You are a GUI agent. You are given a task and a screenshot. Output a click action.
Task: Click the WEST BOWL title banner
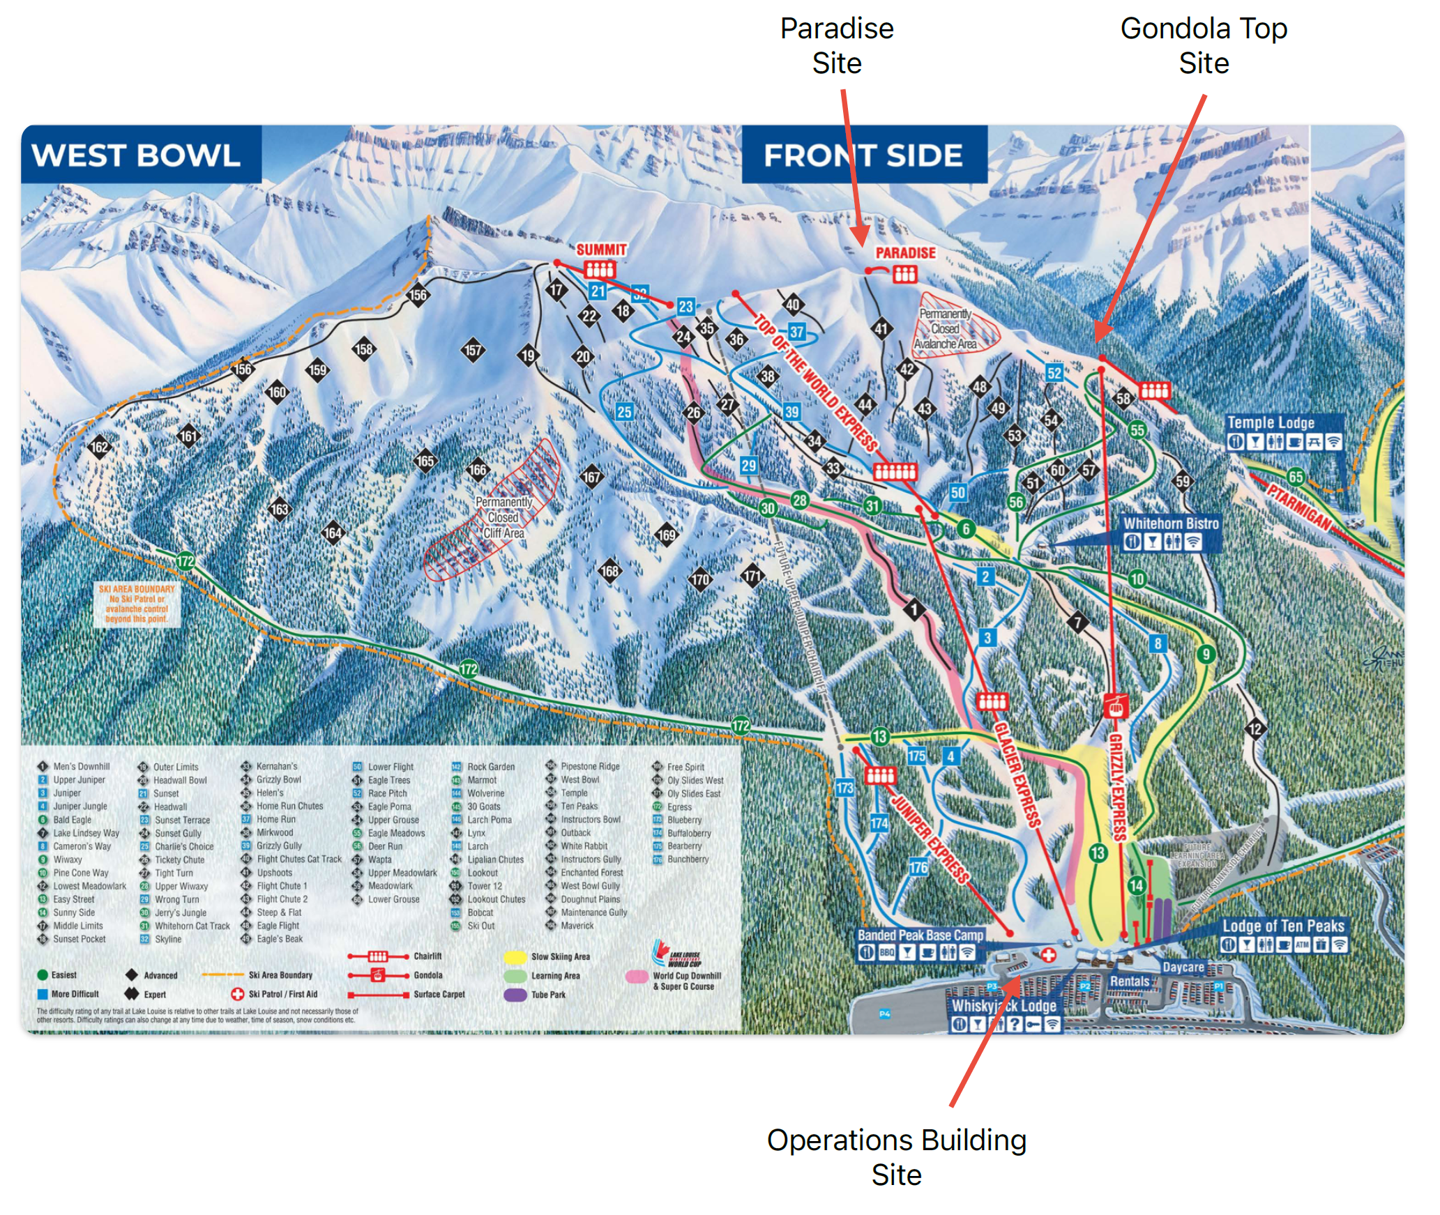click(x=137, y=155)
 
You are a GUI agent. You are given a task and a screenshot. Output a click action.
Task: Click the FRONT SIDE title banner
click(x=863, y=155)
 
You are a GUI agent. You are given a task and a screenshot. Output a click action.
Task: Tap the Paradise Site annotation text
click(x=836, y=46)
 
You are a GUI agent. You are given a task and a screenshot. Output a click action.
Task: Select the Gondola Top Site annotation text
click(x=1203, y=46)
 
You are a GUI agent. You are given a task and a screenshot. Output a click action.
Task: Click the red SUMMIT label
click(x=600, y=250)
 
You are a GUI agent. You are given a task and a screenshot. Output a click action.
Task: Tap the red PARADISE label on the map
click(x=905, y=253)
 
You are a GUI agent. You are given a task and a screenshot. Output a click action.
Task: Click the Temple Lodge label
click(x=1270, y=422)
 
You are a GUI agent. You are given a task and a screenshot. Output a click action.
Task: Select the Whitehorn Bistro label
click(x=1171, y=524)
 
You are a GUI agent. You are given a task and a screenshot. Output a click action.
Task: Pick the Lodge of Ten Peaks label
click(x=1282, y=926)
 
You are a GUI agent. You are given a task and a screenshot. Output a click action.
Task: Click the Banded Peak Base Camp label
click(x=920, y=935)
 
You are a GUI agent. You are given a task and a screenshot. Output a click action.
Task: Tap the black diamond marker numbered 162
click(x=100, y=447)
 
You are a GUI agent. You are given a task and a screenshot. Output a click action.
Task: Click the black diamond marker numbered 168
click(x=609, y=572)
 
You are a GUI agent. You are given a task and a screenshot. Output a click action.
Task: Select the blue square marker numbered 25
click(x=624, y=412)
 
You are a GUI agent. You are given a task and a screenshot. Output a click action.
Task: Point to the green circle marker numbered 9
click(x=1206, y=654)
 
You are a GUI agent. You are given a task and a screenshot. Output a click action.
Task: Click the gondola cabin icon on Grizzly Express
click(x=1116, y=706)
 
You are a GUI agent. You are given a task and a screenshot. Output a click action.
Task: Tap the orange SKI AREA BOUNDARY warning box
click(x=137, y=604)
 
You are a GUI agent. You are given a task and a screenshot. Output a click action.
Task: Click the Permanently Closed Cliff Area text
click(x=503, y=517)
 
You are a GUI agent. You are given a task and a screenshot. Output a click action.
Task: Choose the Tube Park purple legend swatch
click(x=515, y=995)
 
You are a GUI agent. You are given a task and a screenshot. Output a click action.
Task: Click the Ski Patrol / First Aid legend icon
click(x=237, y=994)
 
